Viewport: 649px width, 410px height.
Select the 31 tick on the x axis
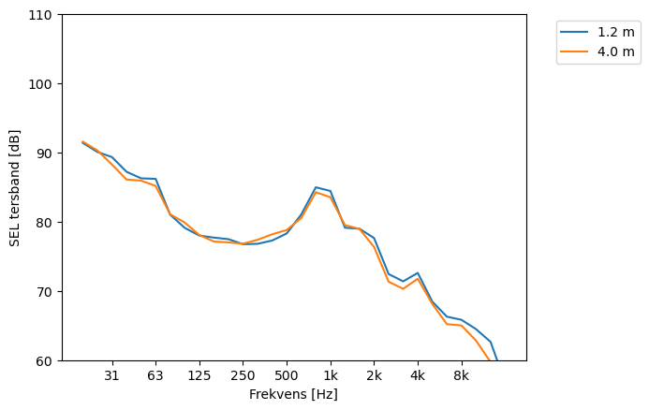click(111, 375)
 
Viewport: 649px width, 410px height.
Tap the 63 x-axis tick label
click(155, 375)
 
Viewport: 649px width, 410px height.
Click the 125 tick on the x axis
click(199, 375)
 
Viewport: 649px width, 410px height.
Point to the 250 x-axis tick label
click(243, 375)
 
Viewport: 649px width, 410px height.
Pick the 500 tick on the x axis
click(287, 375)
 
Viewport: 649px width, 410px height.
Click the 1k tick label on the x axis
click(330, 375)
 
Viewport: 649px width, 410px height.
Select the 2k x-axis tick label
click(374, 375)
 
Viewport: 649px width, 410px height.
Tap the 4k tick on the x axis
click(418, 375)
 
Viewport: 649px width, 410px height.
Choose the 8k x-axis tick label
click(461, 375)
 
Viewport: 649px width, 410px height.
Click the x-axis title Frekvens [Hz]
click(293, 394)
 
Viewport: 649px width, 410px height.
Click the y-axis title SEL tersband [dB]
click(15, 187)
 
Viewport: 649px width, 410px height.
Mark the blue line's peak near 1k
click(316, 187)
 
